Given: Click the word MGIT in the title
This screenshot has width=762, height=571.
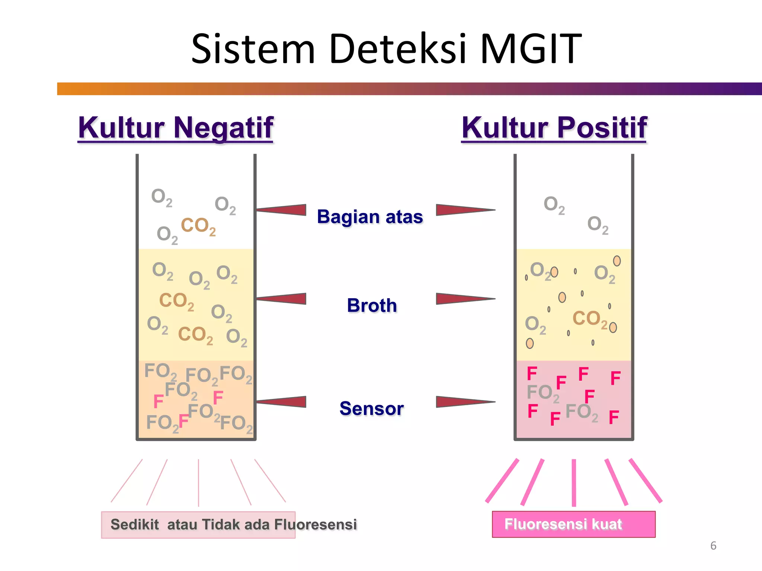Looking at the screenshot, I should pos(531,49).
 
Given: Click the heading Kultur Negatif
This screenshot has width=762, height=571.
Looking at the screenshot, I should pos(176,128).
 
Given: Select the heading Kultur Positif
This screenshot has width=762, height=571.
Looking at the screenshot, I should pos(554,128).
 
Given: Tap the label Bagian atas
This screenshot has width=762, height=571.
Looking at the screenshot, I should pos(370,217).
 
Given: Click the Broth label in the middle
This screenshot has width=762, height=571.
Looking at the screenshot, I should pos(372,306).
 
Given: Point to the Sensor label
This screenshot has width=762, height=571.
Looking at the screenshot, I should pos(371,409).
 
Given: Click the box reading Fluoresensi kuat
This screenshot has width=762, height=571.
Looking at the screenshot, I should pos(573,524).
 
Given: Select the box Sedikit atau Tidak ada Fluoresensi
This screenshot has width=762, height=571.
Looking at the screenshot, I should pos(198,525).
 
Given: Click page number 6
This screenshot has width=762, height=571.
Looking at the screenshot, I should pos(713,546).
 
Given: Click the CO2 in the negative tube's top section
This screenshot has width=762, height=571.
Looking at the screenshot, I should pos(198,226).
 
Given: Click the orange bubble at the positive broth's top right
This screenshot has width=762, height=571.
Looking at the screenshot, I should pos(617,261).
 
